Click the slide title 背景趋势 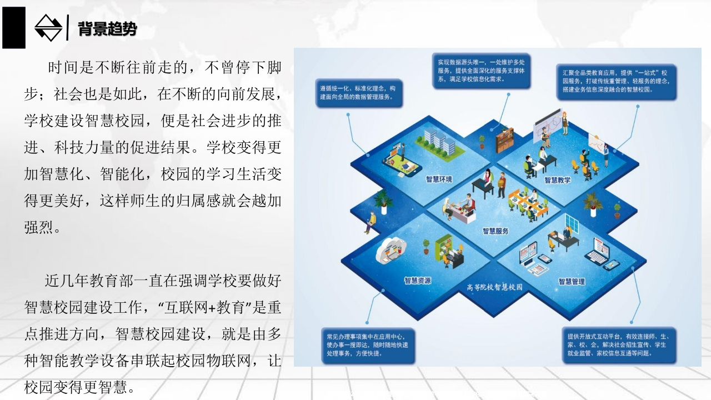click(107, 28)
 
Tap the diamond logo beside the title click(48, 28)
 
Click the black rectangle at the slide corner click(14, 28)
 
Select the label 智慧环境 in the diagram click(439, 179)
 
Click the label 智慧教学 click(557, 181)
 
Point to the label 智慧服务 click(495, 231)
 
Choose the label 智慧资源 click(417, 281)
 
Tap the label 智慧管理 click(572, 282)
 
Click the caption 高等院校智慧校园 click(494, 287)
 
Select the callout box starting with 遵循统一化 click(359, 93)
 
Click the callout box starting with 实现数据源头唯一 click(481, 71)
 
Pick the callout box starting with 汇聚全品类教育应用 click(617, 82)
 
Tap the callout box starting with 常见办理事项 click(368, 346)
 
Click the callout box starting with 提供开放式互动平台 click(619, 345)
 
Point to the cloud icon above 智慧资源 click(391, 250)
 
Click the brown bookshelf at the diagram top click(504, 139)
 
